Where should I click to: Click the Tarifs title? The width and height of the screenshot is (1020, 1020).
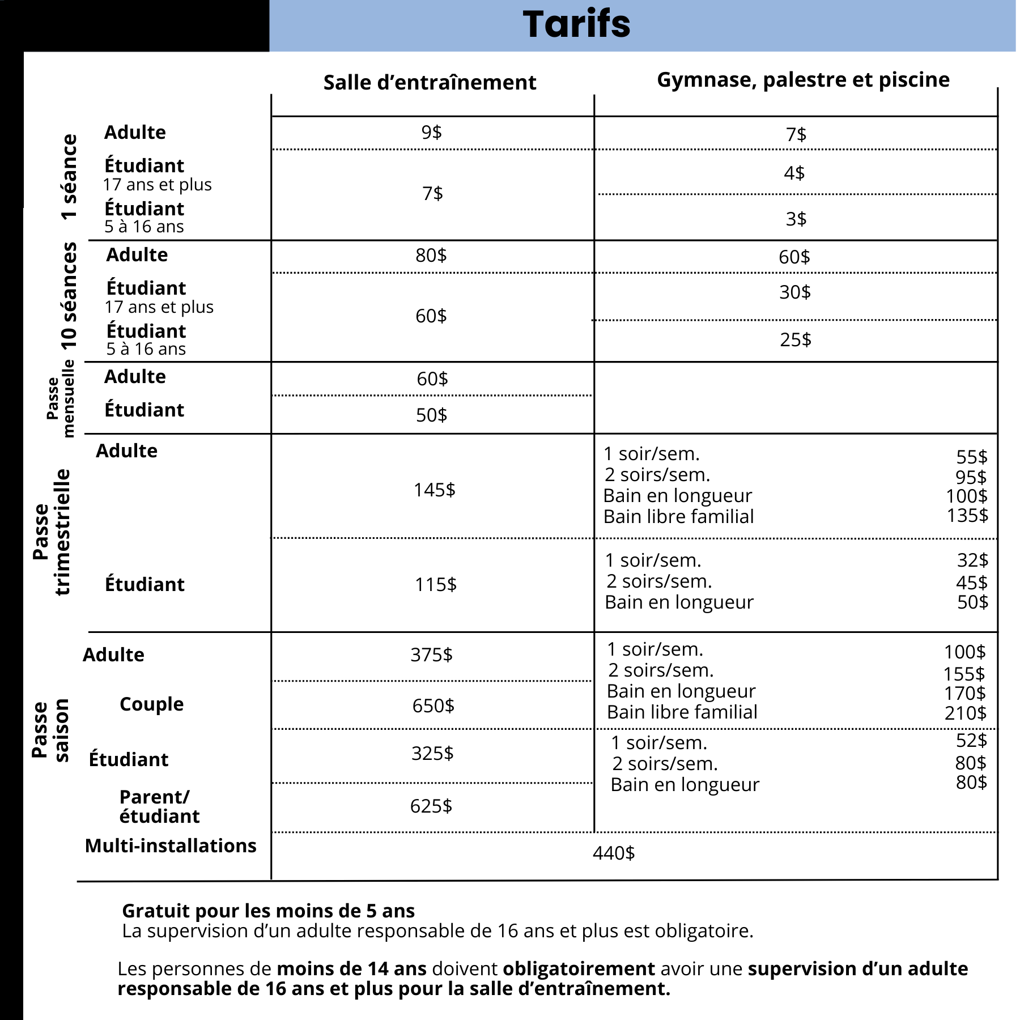click(x=576, y=24)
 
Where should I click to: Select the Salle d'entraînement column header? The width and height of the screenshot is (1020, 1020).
click(x=430, y=83)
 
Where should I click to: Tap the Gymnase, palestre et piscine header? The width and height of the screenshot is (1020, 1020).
click(x=803, y=80)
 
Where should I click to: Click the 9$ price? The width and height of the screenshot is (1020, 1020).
click(x=431, y=132)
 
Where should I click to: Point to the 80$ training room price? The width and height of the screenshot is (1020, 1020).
click(x=431, y=255)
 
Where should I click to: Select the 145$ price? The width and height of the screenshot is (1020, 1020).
click(x=434, y=490)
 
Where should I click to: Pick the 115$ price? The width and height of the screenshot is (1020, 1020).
click(x=435, y=584)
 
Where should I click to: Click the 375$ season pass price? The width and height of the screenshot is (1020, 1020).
click(x=431, y=654)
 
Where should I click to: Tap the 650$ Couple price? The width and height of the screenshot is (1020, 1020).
click(x=433, y=705)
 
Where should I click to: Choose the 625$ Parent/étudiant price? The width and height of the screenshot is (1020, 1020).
click(x=431, y=806)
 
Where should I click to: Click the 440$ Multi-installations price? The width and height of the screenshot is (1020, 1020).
click(x=613, y=853)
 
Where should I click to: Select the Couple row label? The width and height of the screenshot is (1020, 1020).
click(x=151, y=704)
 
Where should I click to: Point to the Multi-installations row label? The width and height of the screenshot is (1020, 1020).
click(x=171, y=845)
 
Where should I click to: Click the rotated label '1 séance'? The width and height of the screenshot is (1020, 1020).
click(x=69, y=177)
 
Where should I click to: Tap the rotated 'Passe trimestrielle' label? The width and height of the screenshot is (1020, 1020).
click(x=52, y=532)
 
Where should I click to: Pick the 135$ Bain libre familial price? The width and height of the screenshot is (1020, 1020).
click(x=967, y=515)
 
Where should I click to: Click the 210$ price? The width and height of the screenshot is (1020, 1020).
click(x=965, y=713)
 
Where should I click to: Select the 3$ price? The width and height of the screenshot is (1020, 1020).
click(x=796, y=219)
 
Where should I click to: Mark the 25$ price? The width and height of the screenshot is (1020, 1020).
click(x=795, y=339)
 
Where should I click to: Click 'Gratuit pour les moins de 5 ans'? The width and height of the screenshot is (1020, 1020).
click(x=268, y=911)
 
